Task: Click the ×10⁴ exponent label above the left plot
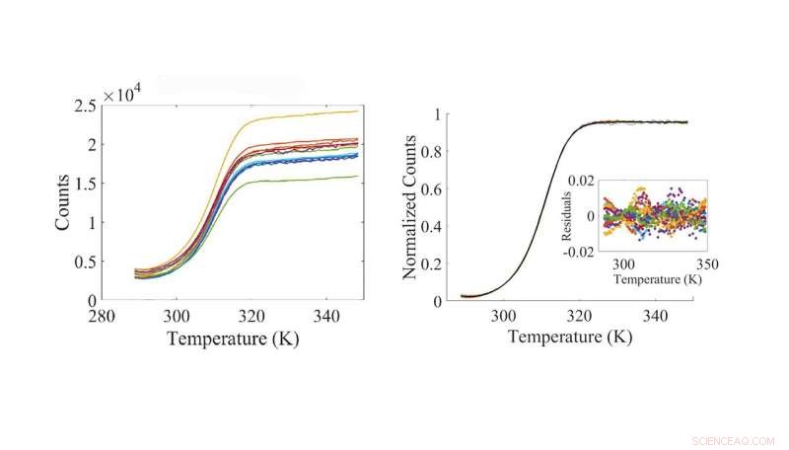click(x=124, y=95)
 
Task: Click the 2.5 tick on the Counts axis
click(x=86, y=107)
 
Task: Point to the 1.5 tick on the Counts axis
click(x=86, y=184)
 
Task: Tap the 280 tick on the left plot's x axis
click(x=103, y=317)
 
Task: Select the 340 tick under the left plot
click(x=331, y=317)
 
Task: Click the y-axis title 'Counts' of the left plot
click(x=62, y=203)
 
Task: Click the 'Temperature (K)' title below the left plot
click(x=233, y=339)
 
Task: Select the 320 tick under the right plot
click(x=581, y=317)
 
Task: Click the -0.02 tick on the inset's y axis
click(x=582, y=251)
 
